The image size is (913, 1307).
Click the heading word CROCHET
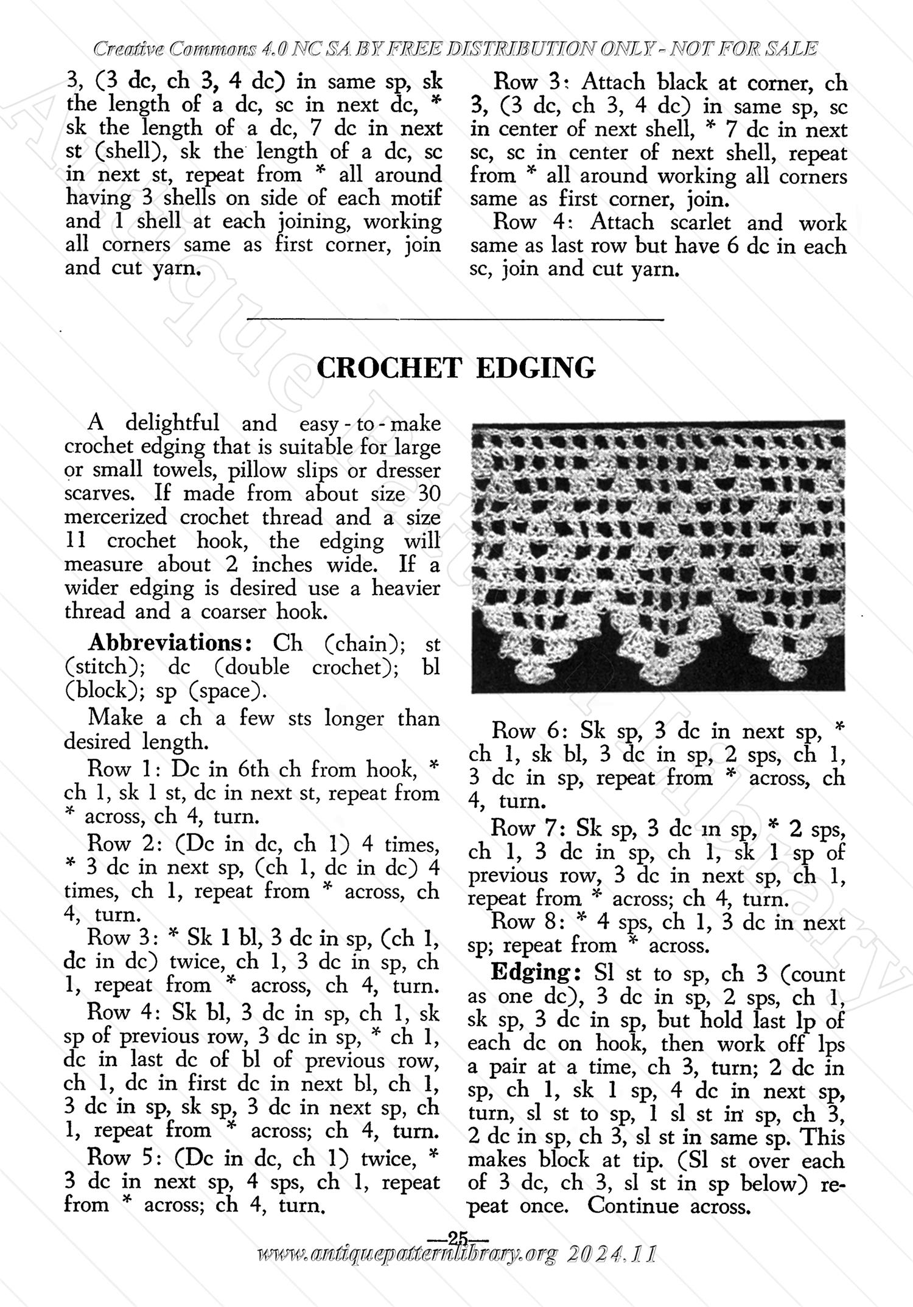click(388, 368)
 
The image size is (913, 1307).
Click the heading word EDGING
click(535, 368)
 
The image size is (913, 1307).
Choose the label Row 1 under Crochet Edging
click(124, 769)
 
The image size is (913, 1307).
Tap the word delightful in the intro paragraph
click(172, 423)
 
